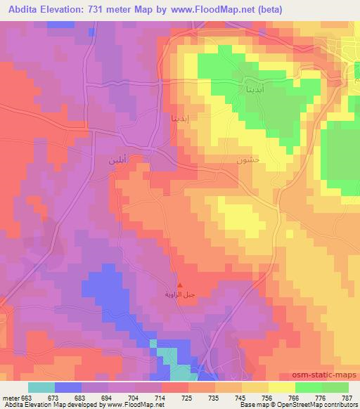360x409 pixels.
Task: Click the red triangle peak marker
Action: point(180,285)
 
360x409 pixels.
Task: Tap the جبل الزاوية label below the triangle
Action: point(180,294)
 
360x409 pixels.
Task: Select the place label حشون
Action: point(249,160)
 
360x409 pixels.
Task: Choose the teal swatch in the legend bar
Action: point(41,387)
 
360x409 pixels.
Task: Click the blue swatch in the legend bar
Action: point(68,387)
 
